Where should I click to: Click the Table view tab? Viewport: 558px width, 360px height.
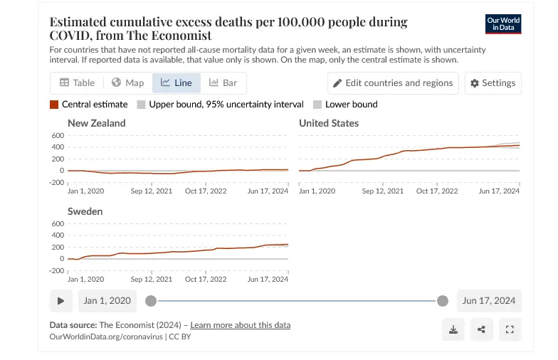[77, 83]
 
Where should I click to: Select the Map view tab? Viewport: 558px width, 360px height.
[127, 83]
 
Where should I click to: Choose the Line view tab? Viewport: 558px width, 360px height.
[177, 83]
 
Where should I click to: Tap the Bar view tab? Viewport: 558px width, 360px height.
[223, 83]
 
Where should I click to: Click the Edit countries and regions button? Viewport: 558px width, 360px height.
[392, 83]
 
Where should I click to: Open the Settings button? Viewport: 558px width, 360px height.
[493, 83]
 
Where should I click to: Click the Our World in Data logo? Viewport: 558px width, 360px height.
[503, 23]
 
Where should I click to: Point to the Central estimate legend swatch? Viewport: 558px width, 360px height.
[54, 105]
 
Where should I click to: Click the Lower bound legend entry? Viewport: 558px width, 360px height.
[351, 105]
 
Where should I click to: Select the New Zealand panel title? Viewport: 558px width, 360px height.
[96, 123]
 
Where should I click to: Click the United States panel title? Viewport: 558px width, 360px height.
[328, 123]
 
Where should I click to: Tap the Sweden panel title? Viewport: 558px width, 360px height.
[85, 211]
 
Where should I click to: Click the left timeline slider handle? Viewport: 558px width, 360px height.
[151, 301]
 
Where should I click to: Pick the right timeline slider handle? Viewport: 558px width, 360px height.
[443, 301]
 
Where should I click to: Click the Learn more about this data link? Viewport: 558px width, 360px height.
[240, 325]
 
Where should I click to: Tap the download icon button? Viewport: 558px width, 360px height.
[453, 329]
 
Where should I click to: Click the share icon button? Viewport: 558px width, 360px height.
[481, 329]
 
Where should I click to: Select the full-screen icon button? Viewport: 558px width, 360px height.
[509, 329]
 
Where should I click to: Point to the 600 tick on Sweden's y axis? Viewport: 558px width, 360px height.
[57, 223]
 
